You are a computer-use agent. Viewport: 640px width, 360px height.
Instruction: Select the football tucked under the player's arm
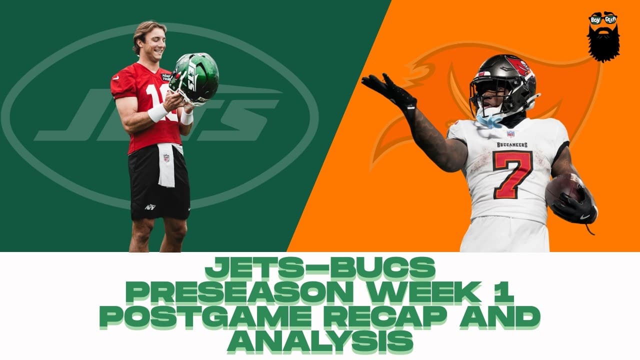pyautogui.click(x=564, y=191)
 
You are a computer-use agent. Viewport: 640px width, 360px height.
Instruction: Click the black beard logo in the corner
pyautogui.click(x=603, y=37)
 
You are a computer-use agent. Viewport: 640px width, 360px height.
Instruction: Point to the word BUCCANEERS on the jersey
pyautogui.click(x=512, y=145)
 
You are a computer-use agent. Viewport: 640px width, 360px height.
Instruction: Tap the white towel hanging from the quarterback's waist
pyautogui.click(x=168, y=165)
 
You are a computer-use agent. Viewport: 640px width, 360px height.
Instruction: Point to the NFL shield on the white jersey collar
pyautogui.click(x=510, y=133)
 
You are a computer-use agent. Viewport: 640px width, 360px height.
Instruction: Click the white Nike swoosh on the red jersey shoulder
pyautogui.click(x=115, y=77)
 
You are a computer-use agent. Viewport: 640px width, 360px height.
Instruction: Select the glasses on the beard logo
pyautogui.click(x=603, y=19)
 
